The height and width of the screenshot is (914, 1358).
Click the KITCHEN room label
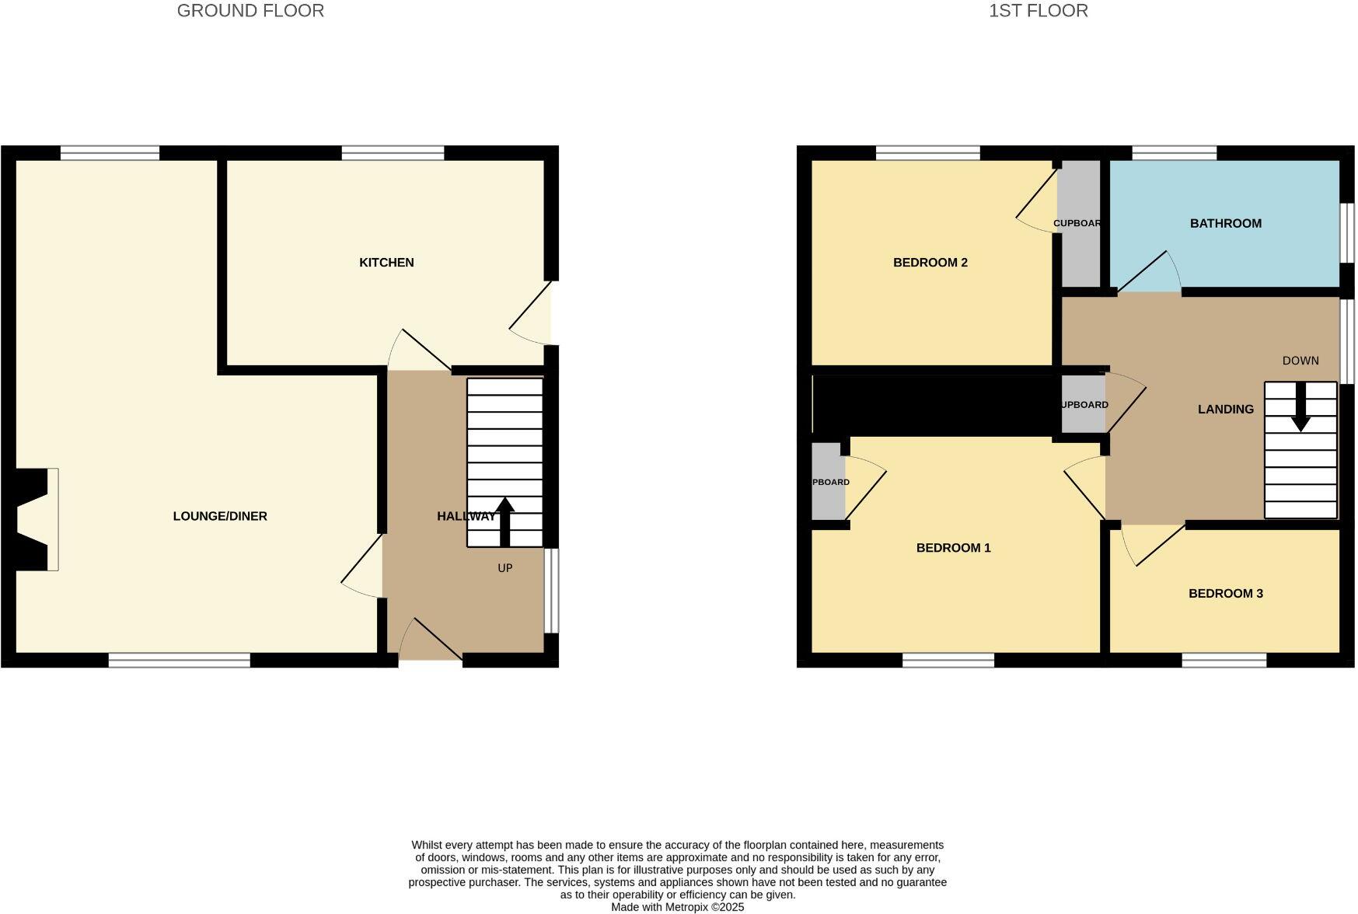click(386, 263)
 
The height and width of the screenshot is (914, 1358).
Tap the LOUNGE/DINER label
click(220, 516)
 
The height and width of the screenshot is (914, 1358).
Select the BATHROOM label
click(1225, 224)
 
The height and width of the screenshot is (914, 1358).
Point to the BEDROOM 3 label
click(1225, 594)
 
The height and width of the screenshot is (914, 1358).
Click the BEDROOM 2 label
click(930, 263)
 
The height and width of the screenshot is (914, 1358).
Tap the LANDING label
click(1225, 410)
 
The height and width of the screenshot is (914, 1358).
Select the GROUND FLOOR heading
click(250, 11)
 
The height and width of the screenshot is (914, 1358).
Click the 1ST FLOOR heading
click(1038, 11)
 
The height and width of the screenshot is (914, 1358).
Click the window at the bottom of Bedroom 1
click(948, 661)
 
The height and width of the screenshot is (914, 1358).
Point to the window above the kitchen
click(393, 153)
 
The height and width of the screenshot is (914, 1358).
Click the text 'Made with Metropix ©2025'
click(677, 907)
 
